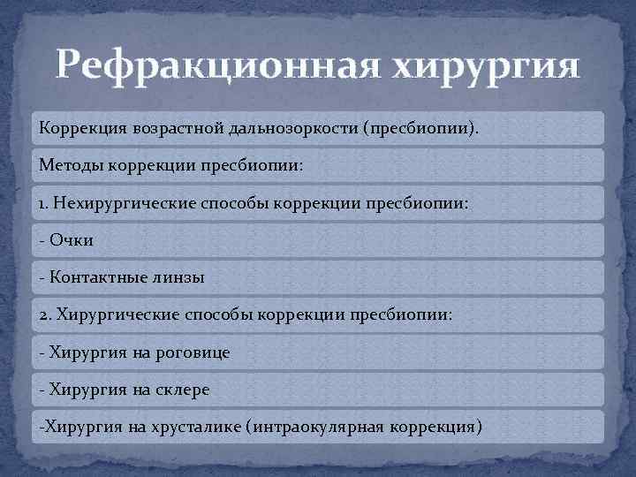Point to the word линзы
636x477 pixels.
tap(178, 278)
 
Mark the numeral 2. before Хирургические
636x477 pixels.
tap(45, 315)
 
